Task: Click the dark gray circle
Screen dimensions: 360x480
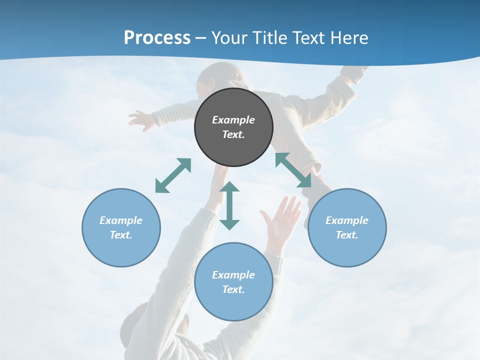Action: click(x=233, y=127)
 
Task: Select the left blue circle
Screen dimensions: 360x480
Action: click(x=121, y=227)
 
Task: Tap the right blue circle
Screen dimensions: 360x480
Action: click(x=347, y=227)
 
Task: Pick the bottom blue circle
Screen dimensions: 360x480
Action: click(x=233, y=282)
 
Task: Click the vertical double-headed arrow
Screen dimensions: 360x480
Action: click(x=229, y=205)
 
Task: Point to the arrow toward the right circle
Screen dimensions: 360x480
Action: click(x=293, y=170)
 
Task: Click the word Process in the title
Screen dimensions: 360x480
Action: click(x=157, y=37)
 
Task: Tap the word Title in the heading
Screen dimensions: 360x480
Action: click(x=270, y=37)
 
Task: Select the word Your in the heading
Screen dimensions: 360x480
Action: click(x=229, y=37)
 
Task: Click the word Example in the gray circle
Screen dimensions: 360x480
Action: click(x=233, y=120)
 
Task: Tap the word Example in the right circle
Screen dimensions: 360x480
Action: click(x=347, y=220)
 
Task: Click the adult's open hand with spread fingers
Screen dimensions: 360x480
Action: click(x=280, y=218)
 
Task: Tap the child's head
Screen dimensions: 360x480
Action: click(x=215, y=80)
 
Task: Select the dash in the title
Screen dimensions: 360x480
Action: click(x=200, y=38)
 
